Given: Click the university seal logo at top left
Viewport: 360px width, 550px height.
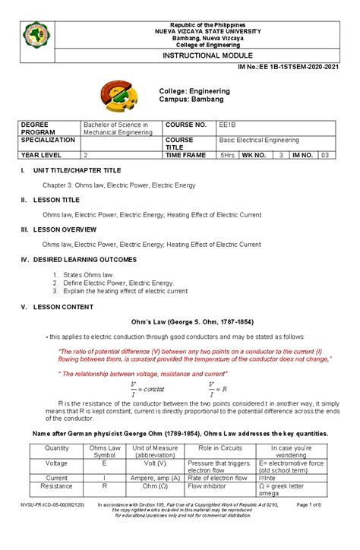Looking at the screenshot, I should coord(38,33).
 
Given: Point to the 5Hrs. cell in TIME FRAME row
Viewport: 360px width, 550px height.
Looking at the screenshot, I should coord(227,154).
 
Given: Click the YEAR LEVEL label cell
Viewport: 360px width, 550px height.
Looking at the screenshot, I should coord(43,154).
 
